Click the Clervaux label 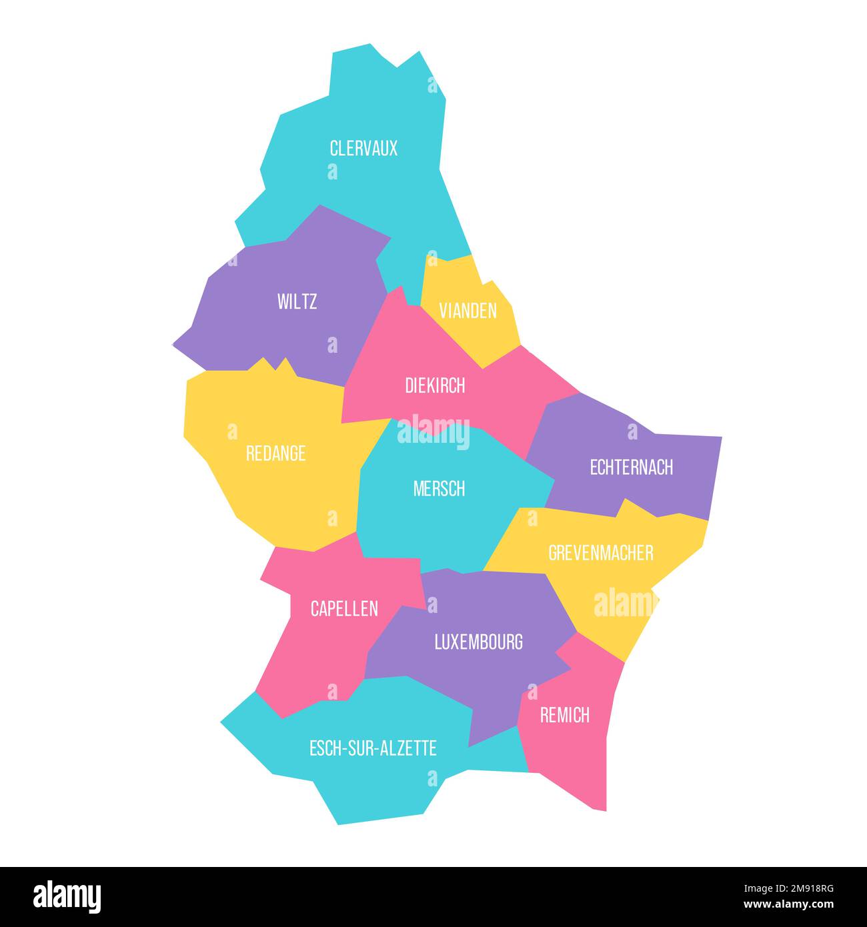click(363, 148)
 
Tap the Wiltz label click(297, 301)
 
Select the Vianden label click(468, 310)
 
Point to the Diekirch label click(435, 385)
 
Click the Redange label click(275, 453)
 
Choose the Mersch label click(439, 489)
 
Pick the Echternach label click(631, 467)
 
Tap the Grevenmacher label click(600, 552)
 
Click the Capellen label click(344, 608)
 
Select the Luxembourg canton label click(478, 642)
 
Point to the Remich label click(564, 715)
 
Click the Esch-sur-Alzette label click(373, 748)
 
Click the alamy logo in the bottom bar click(67, 896)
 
